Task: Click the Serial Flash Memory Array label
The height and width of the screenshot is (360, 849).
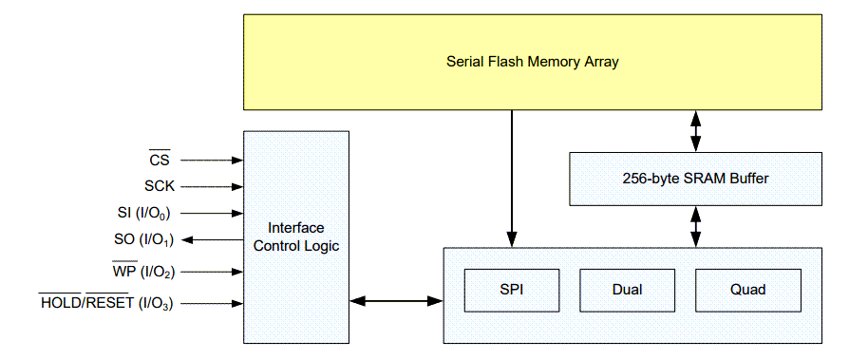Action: point(533,62)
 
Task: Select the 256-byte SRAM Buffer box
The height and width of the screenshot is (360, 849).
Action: point(696,179)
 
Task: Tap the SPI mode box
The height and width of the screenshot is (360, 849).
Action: point(511,289)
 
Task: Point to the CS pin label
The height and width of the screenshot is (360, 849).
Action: point(159,161)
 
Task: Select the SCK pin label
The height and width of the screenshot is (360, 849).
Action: point(159,187)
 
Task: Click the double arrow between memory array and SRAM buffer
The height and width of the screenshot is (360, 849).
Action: point(696,130)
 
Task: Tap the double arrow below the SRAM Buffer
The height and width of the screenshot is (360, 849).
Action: point(696,226)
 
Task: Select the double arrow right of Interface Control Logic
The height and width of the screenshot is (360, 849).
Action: point(396,302)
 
